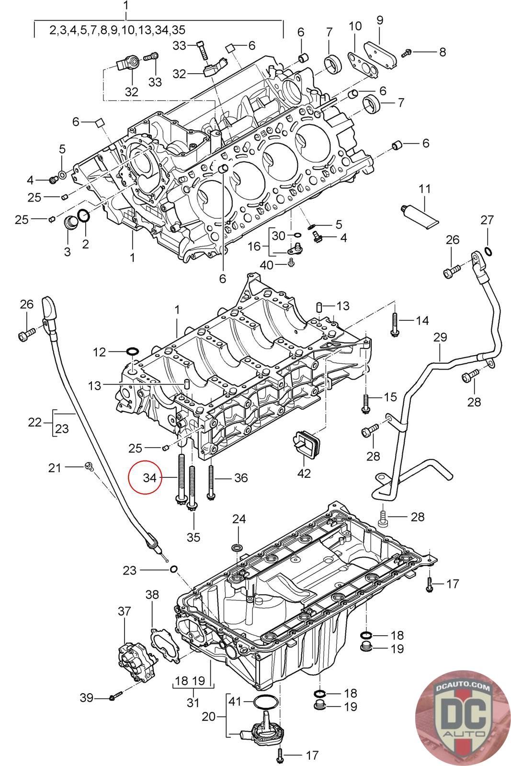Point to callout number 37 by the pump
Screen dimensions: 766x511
coord(124,611)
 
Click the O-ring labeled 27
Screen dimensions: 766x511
coord(488,252)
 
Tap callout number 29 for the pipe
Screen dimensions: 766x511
coord(440,337)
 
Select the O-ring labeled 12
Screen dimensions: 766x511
coord(132,353)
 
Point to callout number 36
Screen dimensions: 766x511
coord(241,477)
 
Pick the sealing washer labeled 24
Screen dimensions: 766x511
coord(236,547)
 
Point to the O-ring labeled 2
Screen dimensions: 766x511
coord(84,216)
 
